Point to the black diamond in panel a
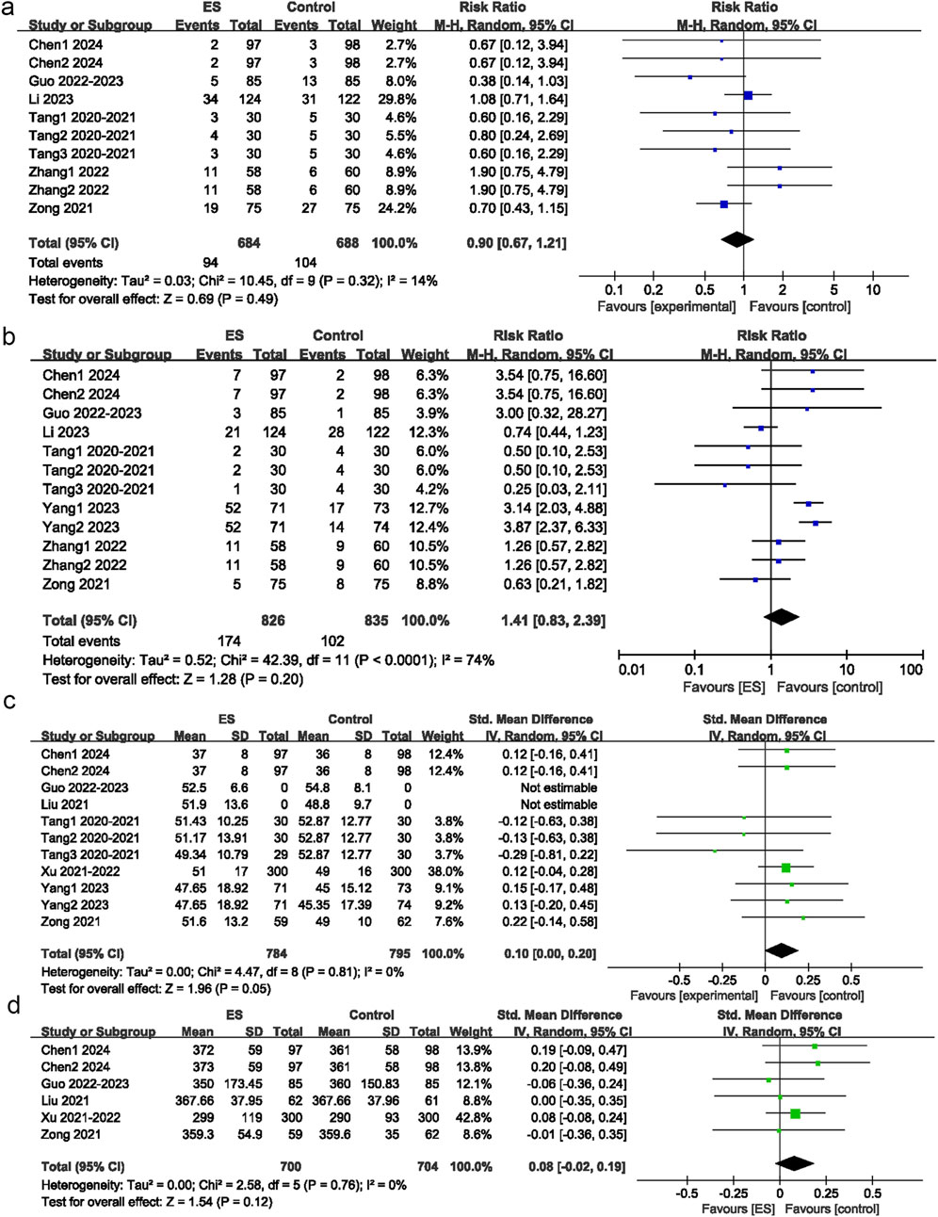[737, 239]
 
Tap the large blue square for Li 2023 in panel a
[748, 95]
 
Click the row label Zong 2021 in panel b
[76, 584]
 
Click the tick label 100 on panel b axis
[911, 669]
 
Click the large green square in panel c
[785, 868]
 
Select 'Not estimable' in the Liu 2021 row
[558, 804]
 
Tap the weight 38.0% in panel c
[444, 871]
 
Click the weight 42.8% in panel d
[471, 1117]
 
